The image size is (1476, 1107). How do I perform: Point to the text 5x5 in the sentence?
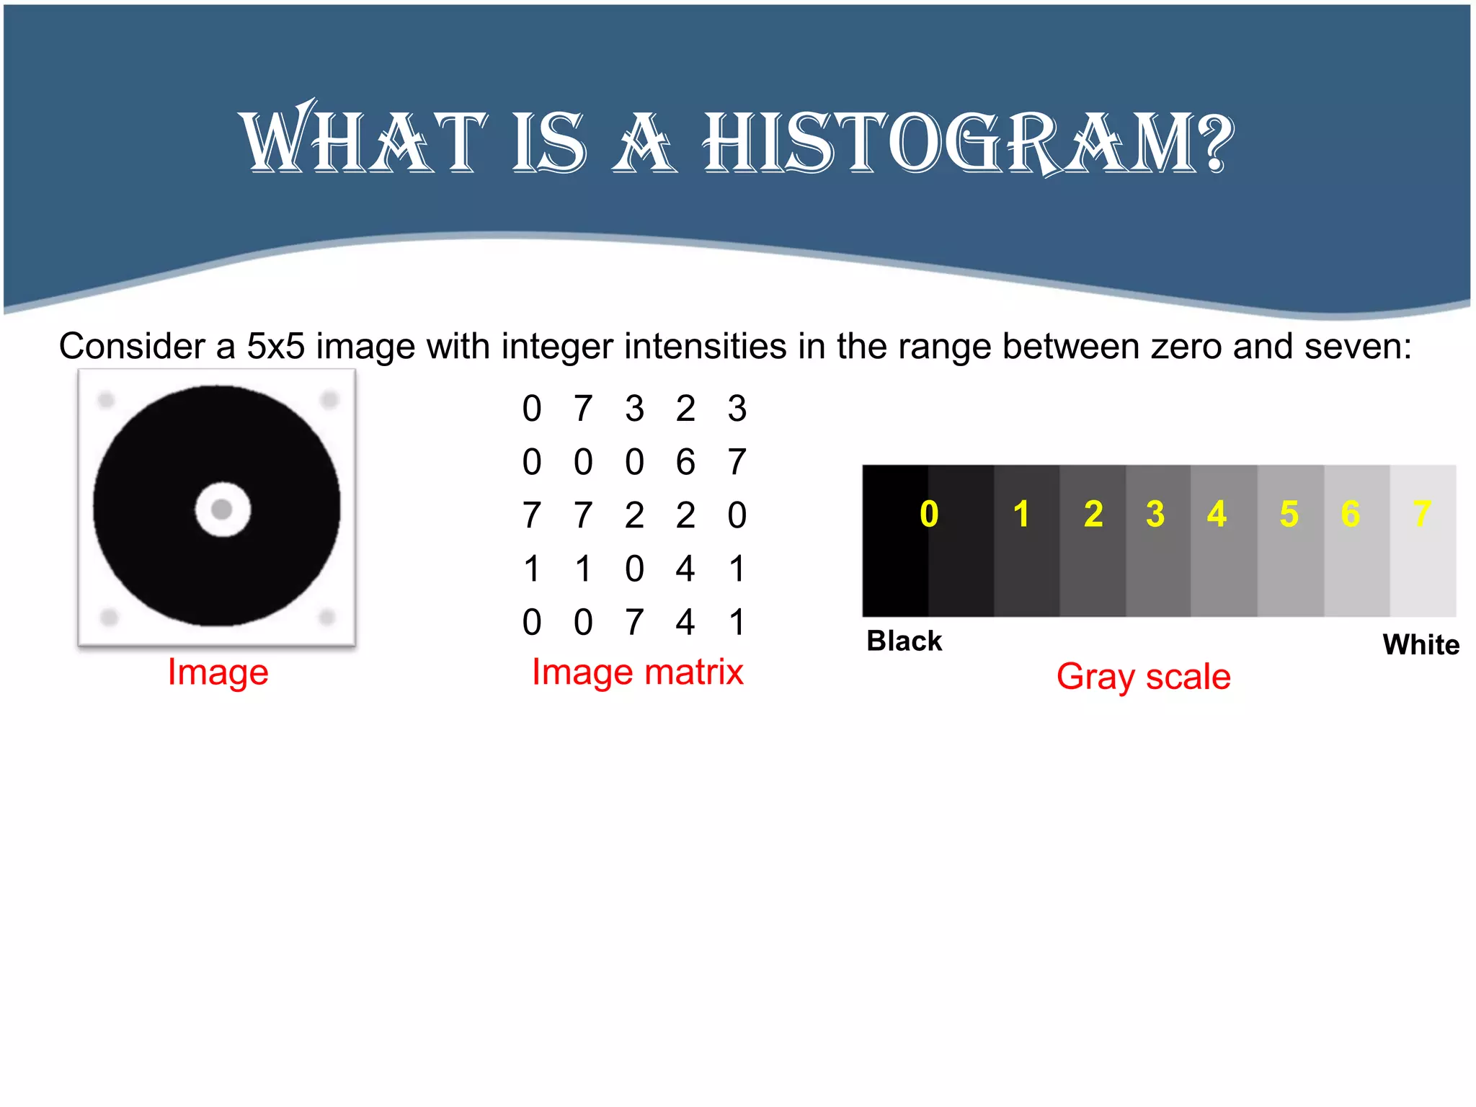click(275, 347)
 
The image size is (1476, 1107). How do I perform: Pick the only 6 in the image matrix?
click(685, 462)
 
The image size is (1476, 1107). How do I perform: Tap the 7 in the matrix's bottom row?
click(634, 622)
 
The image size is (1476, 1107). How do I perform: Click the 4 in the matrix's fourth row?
click(685, 569)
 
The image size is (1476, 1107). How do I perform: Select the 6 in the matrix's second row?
click(685, 462)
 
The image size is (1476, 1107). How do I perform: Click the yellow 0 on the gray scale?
click(929, 515)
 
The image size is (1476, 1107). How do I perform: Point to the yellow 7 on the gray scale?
click(1421, 515)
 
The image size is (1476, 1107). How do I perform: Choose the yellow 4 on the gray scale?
click(1217, 515)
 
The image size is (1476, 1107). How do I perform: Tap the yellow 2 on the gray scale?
click(1093, 515)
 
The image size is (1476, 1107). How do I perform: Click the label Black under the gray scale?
click(904, 641)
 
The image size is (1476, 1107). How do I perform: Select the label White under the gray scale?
click(1421, 644)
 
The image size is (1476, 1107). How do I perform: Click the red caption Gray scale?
click(1144, 677)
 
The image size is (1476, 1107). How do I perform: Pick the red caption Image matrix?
click(637, 672)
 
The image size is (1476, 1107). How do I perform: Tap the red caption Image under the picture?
click(218, 672)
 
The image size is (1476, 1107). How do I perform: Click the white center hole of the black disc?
click(223, 510)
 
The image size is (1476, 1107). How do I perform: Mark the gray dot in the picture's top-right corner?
click(329, 399)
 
